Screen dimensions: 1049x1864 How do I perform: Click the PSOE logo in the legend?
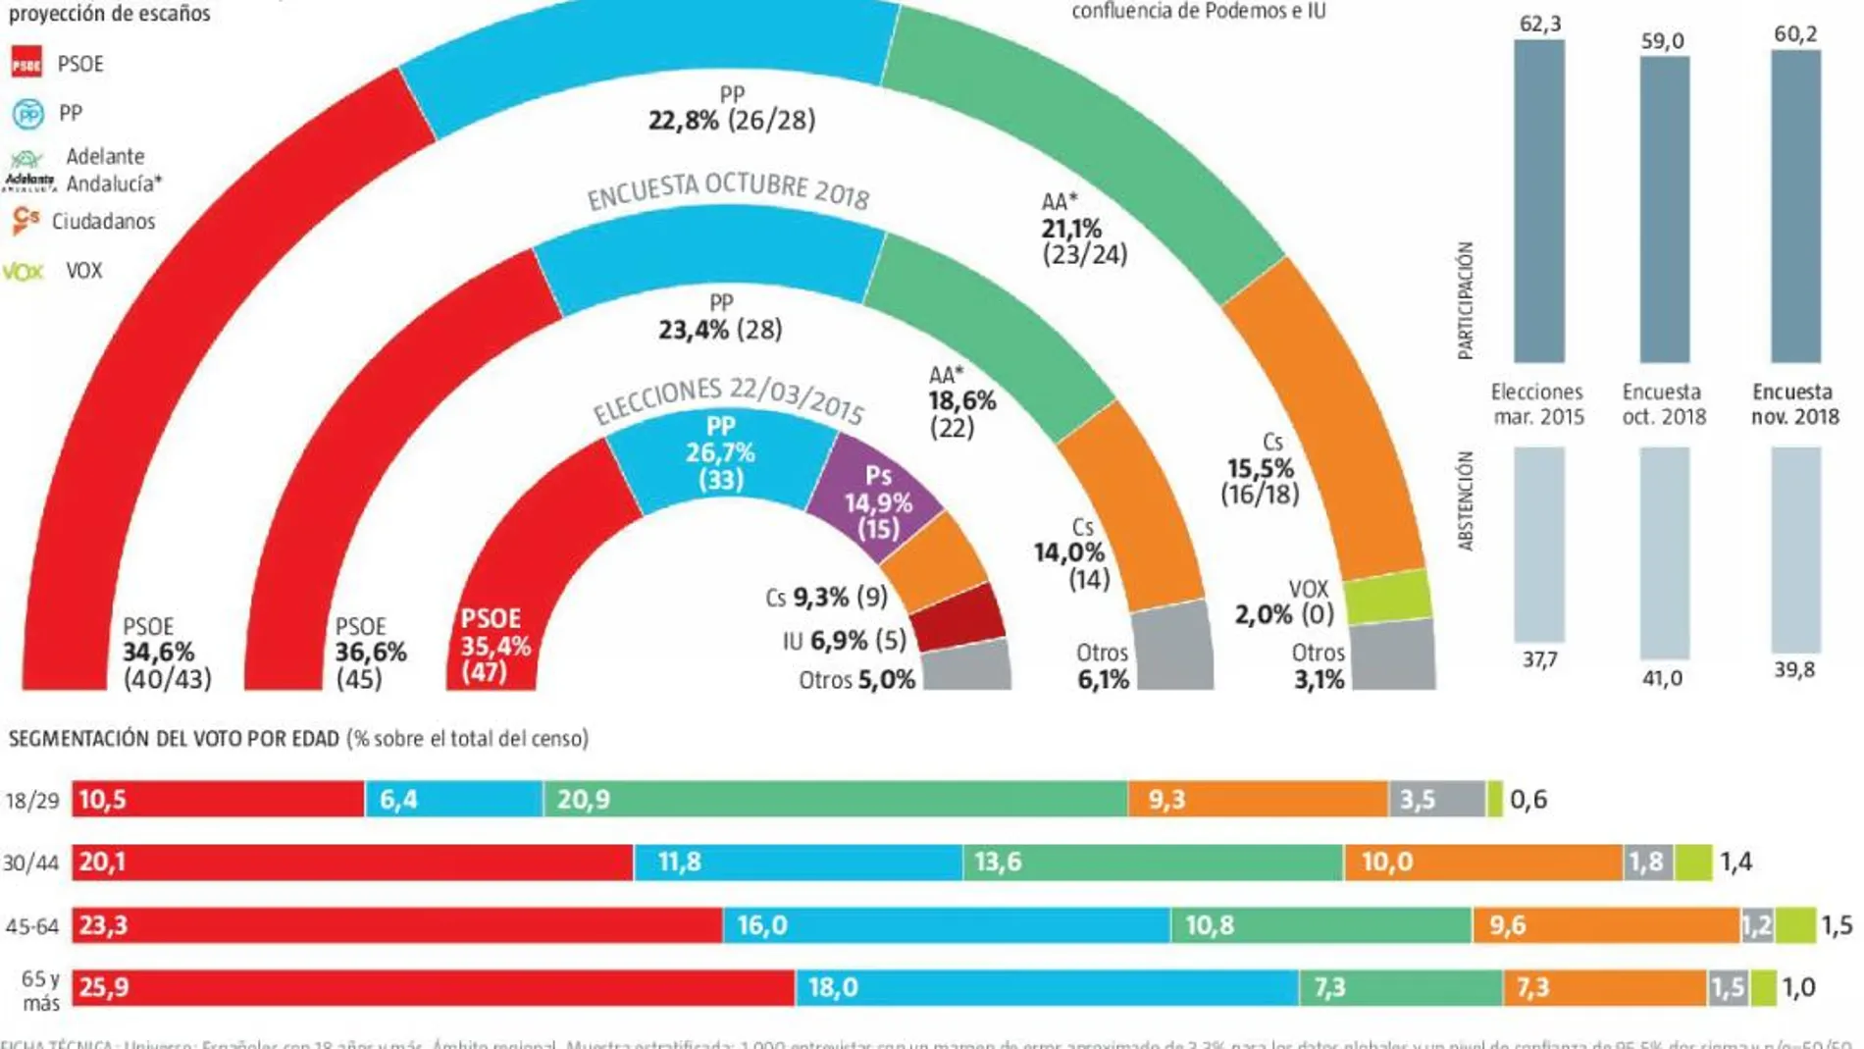click(x=26, y=63)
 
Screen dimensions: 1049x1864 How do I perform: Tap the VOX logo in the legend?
click(x=24, y=272)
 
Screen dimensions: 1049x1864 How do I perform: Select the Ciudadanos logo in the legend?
click(x=26, y=220)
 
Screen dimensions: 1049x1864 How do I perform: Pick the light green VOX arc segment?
click(x=1386, y=597)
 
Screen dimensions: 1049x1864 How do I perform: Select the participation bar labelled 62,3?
click(x=1538, y=201)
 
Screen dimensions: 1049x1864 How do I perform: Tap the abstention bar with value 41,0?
click(x=1664, y=551)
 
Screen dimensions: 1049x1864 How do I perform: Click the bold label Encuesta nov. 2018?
click(x=1794, y=404)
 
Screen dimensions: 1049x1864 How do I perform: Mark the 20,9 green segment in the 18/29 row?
click(x=835, y=800)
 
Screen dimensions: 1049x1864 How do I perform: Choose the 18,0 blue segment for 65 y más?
click(x=1047, y=987)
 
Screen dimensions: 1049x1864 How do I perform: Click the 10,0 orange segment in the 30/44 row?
click(x=1482, y=863)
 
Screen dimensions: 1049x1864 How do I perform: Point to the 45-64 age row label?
click(x=32, y=926)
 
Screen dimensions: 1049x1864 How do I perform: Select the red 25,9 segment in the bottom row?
click(x=433, y=987)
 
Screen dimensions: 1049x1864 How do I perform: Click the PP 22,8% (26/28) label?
click(x=732, y=109)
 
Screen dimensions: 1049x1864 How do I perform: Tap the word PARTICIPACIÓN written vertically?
click(x=1466, y=300)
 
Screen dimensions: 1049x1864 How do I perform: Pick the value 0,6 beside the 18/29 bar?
click(x=1528, y=800)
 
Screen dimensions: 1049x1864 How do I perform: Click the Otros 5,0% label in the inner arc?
click(x=856, y=680)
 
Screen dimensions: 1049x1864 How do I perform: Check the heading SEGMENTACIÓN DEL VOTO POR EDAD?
click(x=175, y=739)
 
